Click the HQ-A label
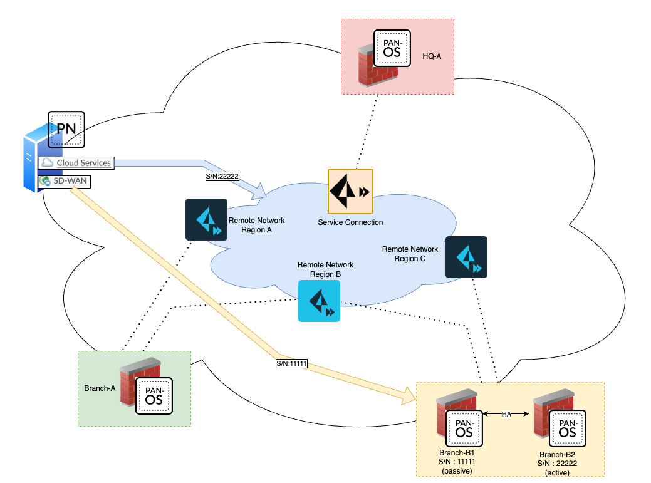[432, 56]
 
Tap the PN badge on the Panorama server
[66, 129]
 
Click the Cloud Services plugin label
[83, 163]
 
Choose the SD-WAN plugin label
[71, 181]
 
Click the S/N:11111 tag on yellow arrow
[291, 363]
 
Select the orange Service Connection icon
[350, 190]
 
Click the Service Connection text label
[350, 222]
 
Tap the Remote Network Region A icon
[206, 219]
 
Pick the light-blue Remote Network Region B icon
[319, 301]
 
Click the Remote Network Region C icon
[466, 257]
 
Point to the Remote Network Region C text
[410, 254]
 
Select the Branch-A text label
[100, 388]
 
